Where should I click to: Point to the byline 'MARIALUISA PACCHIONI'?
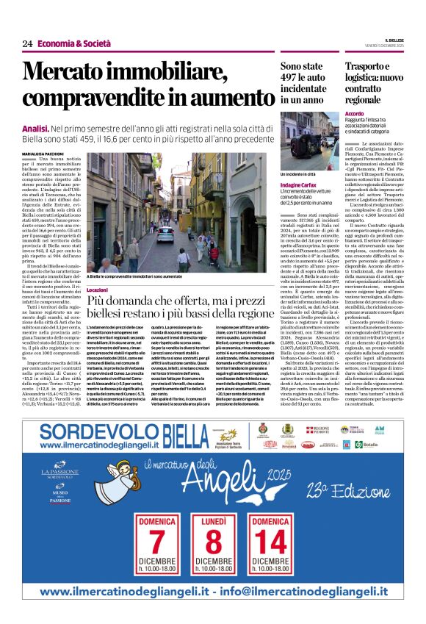pos(42,152)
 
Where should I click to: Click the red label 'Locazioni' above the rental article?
pos(98,290)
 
